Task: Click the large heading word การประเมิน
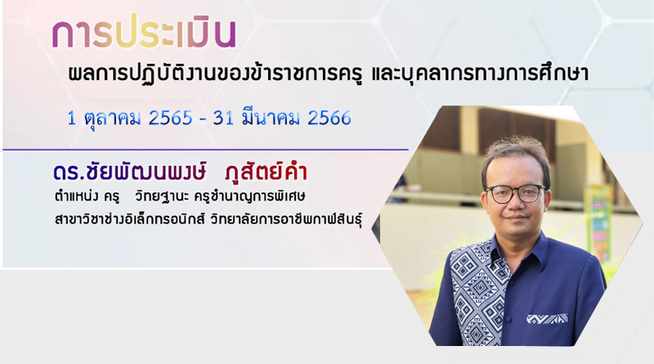(145, 33)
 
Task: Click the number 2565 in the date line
(171, 118)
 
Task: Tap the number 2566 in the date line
(329, 118)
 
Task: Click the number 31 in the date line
(223, 118)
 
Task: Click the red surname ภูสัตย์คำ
(266, 171)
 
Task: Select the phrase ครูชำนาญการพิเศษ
(250, 196)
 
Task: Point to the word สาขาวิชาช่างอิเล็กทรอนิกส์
(130, 218)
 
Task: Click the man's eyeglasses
(516, 193)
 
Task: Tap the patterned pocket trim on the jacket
(547, 319)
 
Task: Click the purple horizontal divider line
(206, 150)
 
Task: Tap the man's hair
(516, 155)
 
